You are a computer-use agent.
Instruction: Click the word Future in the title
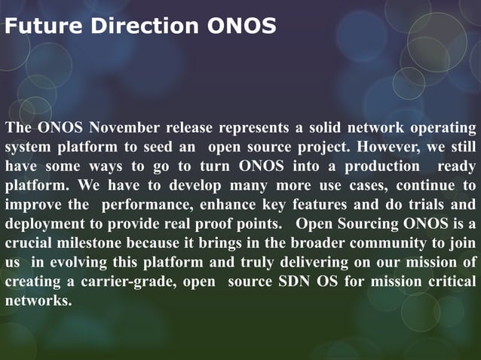44,27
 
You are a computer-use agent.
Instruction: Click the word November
118,126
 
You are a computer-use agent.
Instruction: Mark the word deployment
46,224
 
